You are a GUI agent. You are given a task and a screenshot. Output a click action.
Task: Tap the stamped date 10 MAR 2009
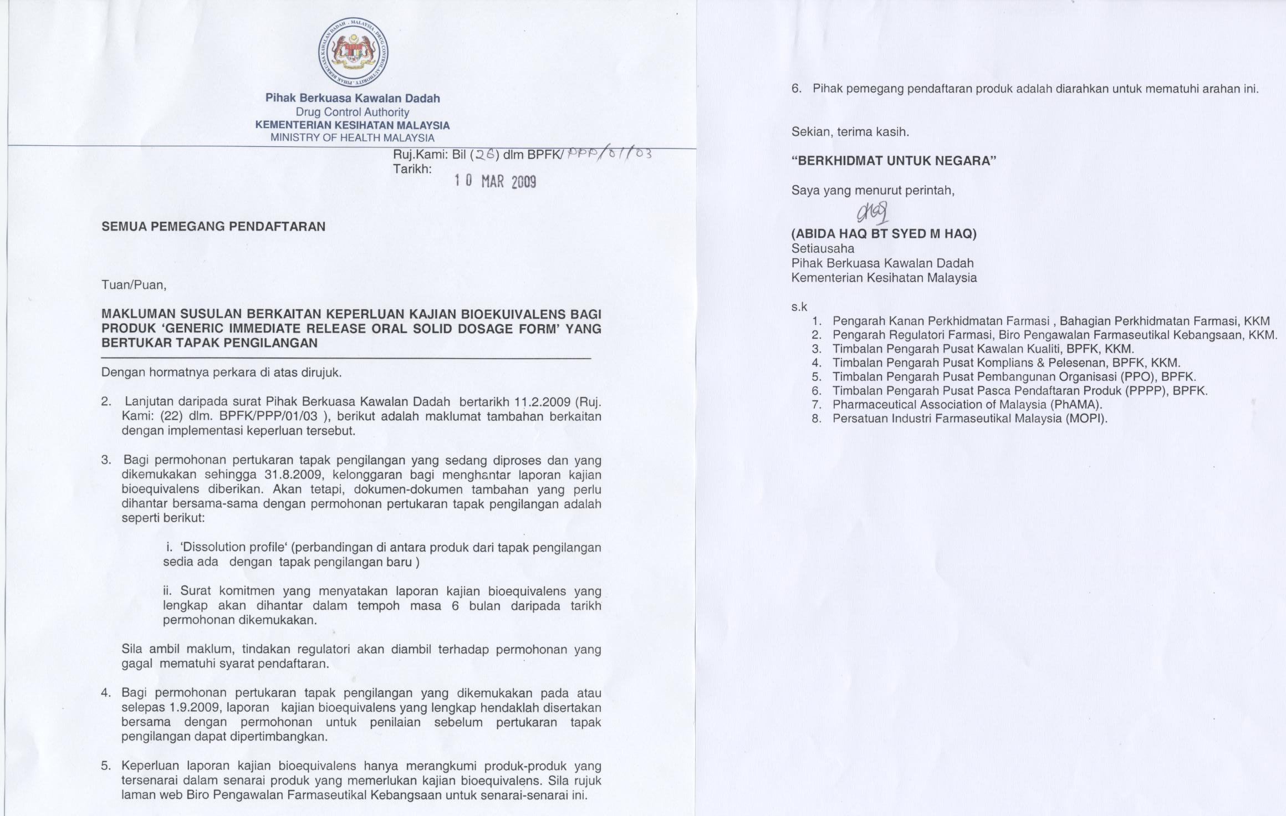[495, 181]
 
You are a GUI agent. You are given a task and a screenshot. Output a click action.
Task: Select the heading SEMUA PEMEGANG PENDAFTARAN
[213, 226]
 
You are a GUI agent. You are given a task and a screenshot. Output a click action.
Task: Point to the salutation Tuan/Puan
[134, 285]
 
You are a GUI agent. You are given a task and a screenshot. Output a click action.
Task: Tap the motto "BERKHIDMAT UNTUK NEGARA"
[894, 161]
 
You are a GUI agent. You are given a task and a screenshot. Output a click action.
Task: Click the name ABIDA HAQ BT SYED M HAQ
[884, 234]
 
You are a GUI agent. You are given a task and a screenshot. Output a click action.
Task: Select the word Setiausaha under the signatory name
[823, 249]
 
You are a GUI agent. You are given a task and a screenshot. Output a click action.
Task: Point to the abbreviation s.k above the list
[799, 307]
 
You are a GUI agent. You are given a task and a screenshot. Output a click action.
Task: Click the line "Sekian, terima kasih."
[850, 132]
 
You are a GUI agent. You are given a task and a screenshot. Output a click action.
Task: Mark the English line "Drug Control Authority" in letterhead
[353, 112]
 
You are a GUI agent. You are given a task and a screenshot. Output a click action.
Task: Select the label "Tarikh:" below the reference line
[412, 169]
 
